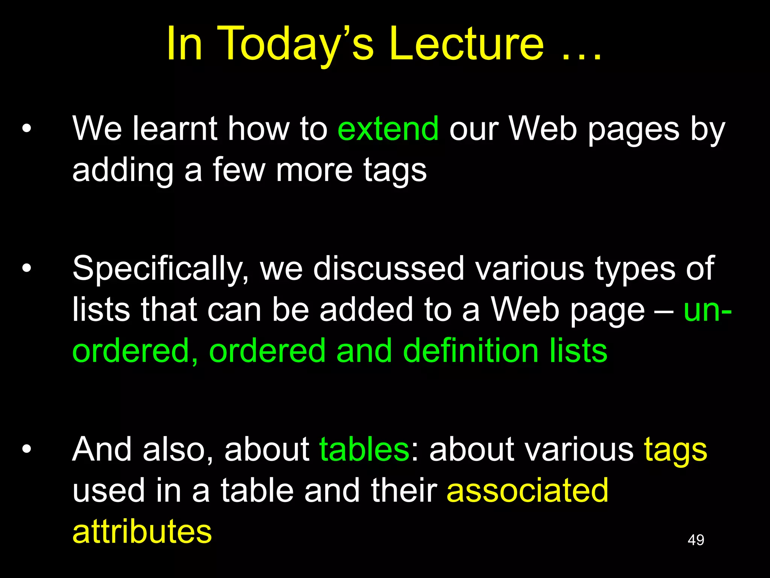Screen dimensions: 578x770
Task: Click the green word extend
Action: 388,129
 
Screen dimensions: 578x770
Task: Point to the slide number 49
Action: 696,540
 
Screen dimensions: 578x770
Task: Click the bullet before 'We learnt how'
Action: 27,129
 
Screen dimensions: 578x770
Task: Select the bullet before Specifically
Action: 27,269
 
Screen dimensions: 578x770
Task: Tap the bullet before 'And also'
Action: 27,449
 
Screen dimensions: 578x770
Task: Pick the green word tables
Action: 364,449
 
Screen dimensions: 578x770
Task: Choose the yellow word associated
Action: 527,490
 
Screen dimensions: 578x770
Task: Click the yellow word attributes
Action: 142,531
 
